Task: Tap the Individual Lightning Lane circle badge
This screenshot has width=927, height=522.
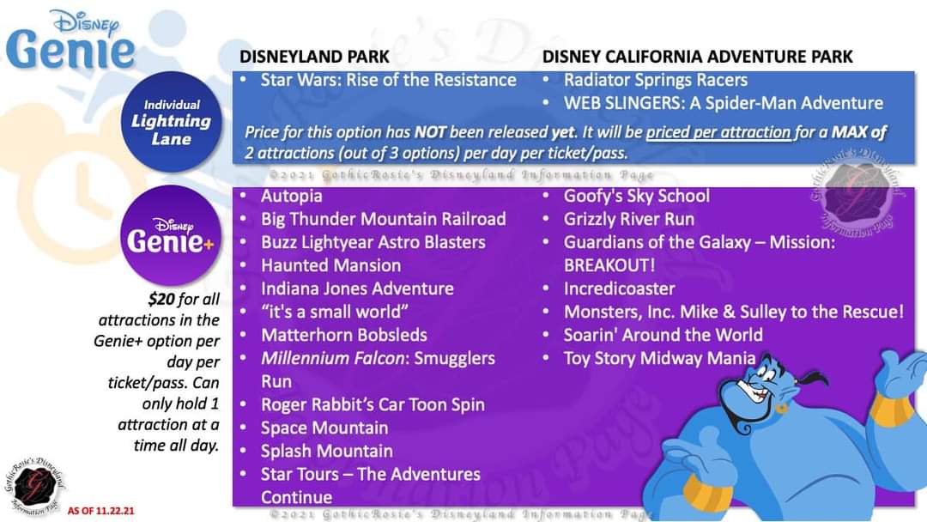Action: [172, 122]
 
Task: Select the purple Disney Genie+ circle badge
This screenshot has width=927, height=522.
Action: [171, 236]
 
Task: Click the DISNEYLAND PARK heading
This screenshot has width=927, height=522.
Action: [314, 57]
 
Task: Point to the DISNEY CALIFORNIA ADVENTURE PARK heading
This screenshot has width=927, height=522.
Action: [698, 57]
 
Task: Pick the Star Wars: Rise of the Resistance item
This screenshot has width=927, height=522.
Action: [389, 80]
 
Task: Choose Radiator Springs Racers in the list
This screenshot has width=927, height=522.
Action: [655, 80]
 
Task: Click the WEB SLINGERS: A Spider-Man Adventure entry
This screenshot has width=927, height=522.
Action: [723, 103]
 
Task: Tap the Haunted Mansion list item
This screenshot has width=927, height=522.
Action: [330, 265]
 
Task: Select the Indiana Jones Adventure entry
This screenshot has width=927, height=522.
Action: [357, 288]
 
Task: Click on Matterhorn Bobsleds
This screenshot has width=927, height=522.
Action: [344, 335]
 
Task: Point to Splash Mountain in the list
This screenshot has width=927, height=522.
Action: [326, 451]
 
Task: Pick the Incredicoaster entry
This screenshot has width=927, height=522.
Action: [619, 288]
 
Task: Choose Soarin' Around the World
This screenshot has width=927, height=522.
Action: [663, 335]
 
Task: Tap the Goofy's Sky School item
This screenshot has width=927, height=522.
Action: [636, 196]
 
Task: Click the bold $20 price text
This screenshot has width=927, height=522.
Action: [161, 299]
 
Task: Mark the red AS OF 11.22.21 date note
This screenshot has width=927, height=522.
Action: [101, 511]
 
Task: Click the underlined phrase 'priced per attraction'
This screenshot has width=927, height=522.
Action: [718, 132]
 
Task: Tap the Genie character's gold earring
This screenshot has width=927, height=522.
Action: [782, 409]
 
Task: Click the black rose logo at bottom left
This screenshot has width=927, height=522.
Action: [34, 486]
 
